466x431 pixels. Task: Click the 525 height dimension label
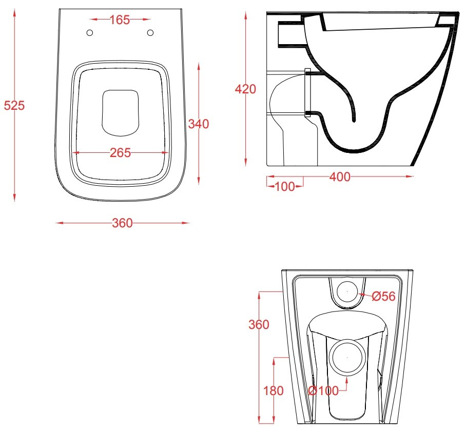14,106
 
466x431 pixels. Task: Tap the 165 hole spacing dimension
120,20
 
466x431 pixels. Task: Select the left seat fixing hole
89,33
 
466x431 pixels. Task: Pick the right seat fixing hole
150,33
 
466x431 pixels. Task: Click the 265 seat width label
121,153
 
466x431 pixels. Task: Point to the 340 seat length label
199,124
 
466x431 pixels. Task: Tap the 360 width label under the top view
122,223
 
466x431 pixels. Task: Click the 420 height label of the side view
245,89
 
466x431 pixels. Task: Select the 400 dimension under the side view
340,177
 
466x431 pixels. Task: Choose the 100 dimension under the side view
285,187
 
